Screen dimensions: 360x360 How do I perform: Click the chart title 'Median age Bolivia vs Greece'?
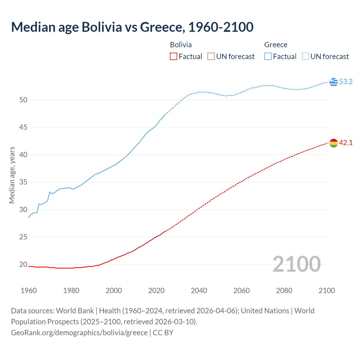(132, 27)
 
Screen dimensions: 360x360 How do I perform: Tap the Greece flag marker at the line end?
(334, 82)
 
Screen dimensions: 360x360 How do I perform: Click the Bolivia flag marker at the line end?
(334, 143)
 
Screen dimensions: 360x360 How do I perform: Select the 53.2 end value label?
(346, 82)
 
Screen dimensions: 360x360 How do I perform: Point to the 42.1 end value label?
(346, 143)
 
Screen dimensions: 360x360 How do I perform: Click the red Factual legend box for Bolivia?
(174, 57)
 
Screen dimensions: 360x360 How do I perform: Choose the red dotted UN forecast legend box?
(211, 57)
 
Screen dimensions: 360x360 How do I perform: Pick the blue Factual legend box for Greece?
(268, 57)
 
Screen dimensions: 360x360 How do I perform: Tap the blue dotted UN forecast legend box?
(305, 57)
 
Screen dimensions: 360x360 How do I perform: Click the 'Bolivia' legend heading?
(181, 45)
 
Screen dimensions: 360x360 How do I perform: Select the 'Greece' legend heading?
(276, 45)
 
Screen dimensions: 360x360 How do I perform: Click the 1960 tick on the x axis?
(29, 291)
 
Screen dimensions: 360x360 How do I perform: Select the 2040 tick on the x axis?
(199, 291)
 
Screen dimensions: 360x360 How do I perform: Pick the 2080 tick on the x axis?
(284, 291)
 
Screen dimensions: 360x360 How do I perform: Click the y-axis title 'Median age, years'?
(12, 175)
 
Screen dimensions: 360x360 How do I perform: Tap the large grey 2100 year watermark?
(296, 264)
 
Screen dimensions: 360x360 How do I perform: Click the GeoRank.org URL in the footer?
(79, 333)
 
